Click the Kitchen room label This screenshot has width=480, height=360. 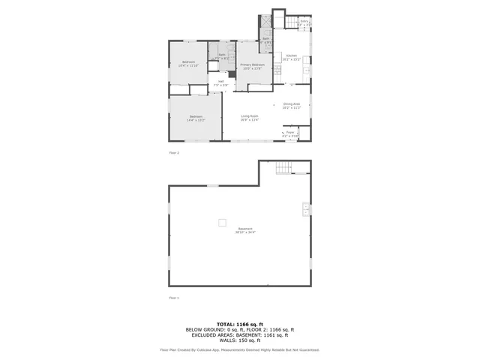[x=292, y=58]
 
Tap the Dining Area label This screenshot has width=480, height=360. [x=292, y=106]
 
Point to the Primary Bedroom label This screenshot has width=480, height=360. [x=252, y=67]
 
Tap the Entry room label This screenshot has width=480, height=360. [x=304, y=23]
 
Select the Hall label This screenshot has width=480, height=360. [x=220, y=83]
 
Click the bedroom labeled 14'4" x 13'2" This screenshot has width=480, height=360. [x=196, y=118]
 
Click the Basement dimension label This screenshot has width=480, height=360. [x=245, y=230]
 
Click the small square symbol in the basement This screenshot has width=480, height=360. [x=221, y=221]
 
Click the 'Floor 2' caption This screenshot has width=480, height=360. [x=174, y=152]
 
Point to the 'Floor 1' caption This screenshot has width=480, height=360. [x=174, y=298]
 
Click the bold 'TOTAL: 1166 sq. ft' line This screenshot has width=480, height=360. [x=239, y=324]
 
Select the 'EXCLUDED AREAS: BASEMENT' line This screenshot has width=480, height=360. [x=239, y=334]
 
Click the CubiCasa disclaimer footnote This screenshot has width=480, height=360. [x=239, y=349]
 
